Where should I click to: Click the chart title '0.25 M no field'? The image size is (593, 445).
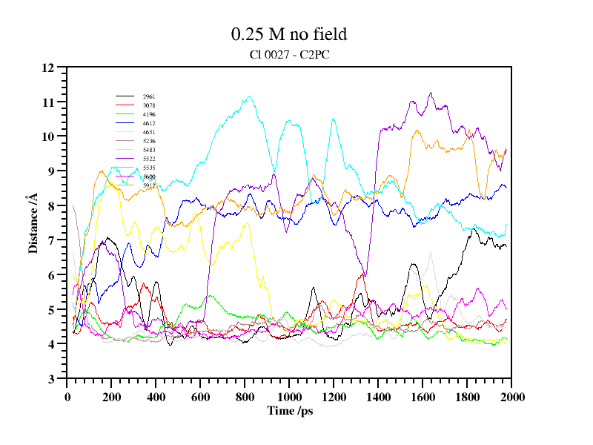289,34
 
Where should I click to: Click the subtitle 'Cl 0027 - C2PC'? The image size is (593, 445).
289,54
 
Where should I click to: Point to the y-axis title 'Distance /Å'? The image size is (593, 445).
33,223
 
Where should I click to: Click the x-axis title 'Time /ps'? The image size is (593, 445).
290,410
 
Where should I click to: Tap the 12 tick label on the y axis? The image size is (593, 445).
49,67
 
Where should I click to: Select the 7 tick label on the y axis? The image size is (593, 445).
52,240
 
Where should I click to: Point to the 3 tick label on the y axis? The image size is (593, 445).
52,379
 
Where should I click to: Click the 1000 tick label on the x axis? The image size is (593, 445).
289,397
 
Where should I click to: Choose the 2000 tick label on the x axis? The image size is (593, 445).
511,397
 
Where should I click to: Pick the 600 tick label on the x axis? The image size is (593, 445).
200,397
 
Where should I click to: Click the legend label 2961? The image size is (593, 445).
149,96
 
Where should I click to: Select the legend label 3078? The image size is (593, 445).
149,105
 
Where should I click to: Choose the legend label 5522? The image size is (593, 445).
149,159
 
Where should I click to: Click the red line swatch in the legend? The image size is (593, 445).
125,141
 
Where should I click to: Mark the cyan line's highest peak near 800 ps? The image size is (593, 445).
250,96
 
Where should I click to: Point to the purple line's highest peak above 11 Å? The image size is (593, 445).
431,93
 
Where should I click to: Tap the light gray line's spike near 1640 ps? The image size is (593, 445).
431,253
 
